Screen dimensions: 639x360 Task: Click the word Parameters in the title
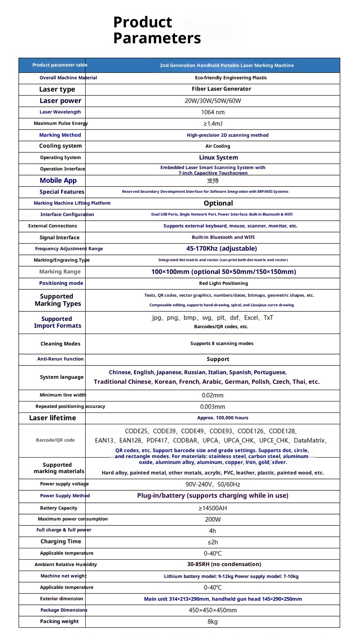157,38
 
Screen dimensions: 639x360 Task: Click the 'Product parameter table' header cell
60,65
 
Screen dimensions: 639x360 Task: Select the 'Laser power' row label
60,101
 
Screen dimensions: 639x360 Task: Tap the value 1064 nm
213,112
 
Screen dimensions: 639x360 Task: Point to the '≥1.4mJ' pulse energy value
213,124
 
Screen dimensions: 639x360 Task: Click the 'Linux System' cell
218,158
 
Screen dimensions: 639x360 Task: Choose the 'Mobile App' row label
58,180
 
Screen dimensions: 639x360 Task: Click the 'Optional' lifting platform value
218,203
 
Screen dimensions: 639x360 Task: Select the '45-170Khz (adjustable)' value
221,249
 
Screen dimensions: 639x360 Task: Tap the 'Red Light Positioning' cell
218,283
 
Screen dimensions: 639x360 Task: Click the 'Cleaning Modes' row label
60,344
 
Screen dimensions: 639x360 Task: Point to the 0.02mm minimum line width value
213,395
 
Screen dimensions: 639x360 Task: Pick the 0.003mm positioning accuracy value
213,407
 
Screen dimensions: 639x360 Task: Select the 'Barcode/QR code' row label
55,440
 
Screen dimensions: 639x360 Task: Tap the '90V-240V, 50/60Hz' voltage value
213,484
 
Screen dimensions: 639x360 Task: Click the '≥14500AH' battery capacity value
213,508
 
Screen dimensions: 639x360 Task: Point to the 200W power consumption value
213,519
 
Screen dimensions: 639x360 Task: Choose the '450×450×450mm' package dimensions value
213,610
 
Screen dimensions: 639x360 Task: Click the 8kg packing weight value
213,622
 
